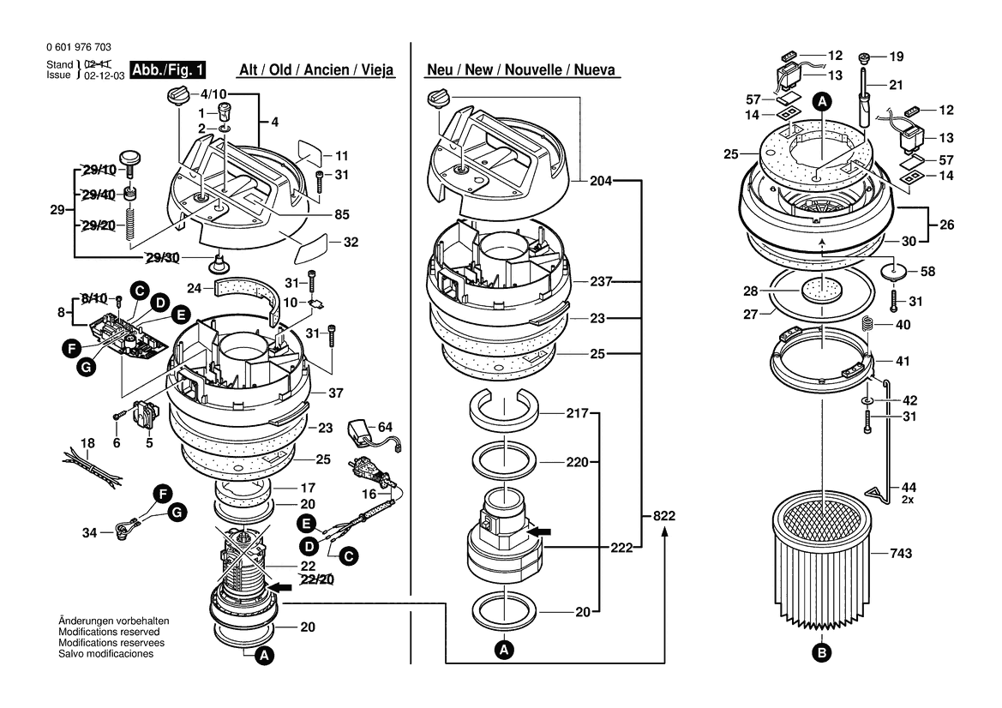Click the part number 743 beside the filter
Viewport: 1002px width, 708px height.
901,554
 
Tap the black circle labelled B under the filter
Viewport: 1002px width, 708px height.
822,652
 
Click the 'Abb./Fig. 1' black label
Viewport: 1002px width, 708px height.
168,69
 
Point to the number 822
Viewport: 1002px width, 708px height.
664,516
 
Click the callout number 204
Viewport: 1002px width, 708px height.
601,181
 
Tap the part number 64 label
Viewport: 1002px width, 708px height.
385,427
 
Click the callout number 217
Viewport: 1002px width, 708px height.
577,413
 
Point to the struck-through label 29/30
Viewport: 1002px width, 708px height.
162,257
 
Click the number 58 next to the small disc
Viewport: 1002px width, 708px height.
928,272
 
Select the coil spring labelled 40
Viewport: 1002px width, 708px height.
867,325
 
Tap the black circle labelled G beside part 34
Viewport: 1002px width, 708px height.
177,513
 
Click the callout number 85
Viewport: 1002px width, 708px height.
341,214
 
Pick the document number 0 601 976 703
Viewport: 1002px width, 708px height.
79,46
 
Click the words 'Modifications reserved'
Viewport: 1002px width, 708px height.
109,632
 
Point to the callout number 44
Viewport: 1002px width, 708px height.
909,487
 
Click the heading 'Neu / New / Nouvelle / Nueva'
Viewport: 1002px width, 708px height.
521,69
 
